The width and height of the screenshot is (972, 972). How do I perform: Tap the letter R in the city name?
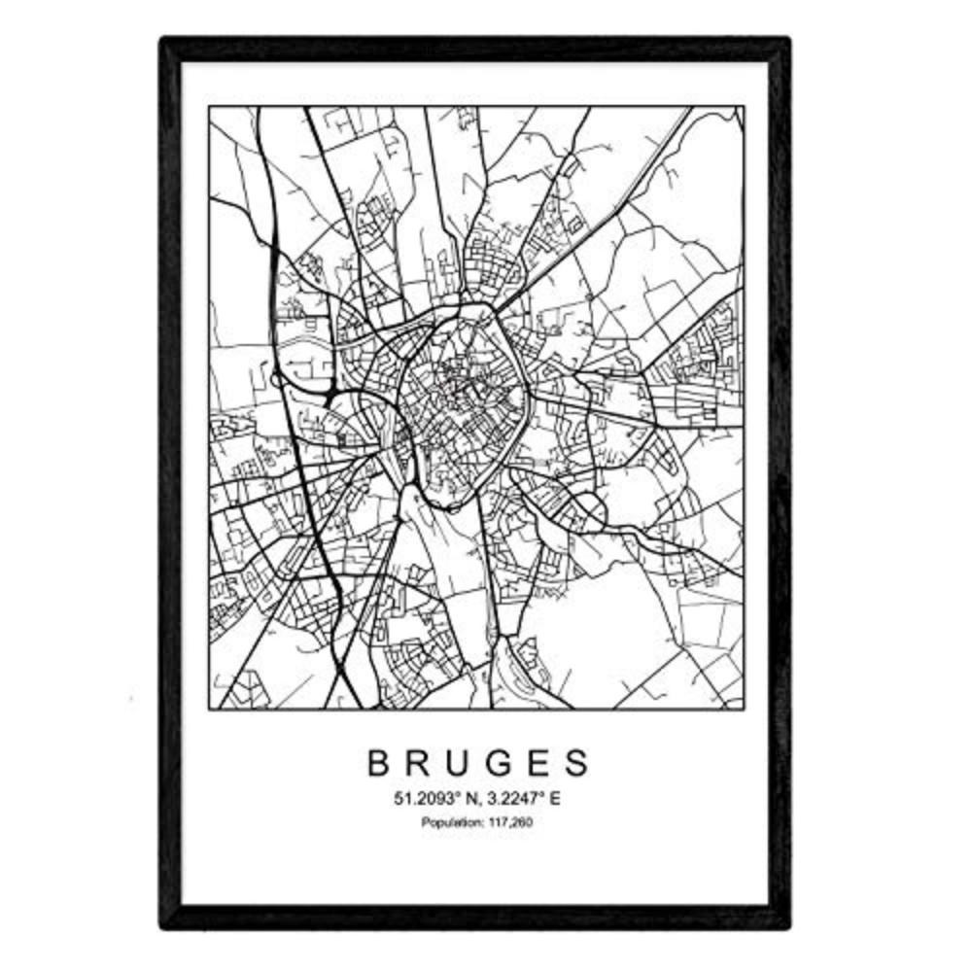click(420, 763)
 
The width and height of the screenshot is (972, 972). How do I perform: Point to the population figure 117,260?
click(512, 823)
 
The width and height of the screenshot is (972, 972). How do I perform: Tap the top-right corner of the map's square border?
click(744, 107)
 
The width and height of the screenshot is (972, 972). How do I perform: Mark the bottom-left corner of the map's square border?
click(209, 709)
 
